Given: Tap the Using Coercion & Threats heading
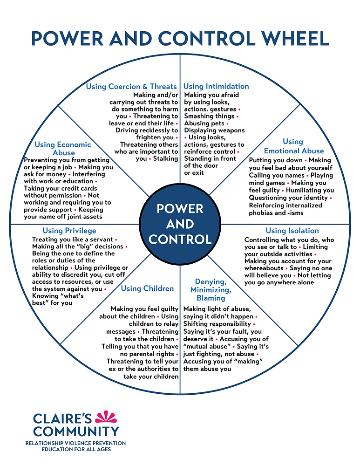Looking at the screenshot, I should [x=131, y=86].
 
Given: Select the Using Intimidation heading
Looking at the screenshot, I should [x=216, y=86].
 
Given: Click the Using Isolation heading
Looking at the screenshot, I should [x=292, y=231].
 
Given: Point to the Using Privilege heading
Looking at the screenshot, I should [x=69, y=231].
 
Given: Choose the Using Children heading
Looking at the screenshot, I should [x=147, y=288].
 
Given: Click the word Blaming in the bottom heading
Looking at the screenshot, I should [x=211, y=298].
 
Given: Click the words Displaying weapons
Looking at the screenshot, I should [x=214, y=130].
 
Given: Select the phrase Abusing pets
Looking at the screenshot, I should [x=204, y=123].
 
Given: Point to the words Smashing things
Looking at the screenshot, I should [x=209, y=116].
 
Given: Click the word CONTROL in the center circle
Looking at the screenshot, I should [x=180, y=239].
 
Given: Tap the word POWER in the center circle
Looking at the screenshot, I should [x=180, y=208].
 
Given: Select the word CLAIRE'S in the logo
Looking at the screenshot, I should [x=62, y=418].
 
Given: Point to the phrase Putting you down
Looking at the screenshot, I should [x=275, y=160].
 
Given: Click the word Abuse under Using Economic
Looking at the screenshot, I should [x=64, y=152].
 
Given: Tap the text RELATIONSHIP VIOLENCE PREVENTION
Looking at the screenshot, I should [x=75, y=443].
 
